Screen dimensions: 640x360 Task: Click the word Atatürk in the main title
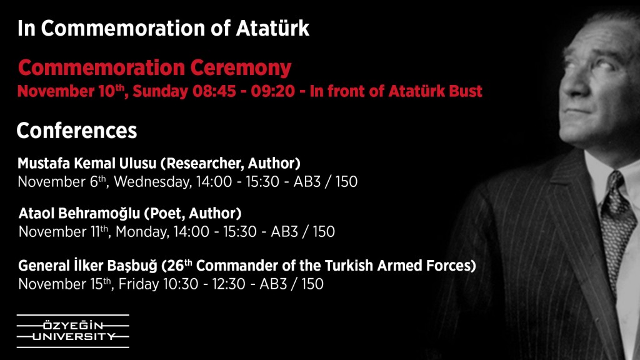(272, 28)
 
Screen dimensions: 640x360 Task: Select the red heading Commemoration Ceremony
(154, 67)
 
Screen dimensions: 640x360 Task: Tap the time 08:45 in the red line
(214, 91)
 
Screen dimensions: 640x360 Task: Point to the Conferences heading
(77, 131)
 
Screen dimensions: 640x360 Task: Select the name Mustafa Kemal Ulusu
(86, 163)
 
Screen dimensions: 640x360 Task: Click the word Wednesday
(152, 182)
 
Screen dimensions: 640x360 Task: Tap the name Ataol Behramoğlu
(79, 214)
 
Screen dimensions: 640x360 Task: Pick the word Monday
(142, 232)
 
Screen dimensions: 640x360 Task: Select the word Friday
(138, 284)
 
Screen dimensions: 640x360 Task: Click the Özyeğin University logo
(72, 331)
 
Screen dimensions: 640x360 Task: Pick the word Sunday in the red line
(160, 91)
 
